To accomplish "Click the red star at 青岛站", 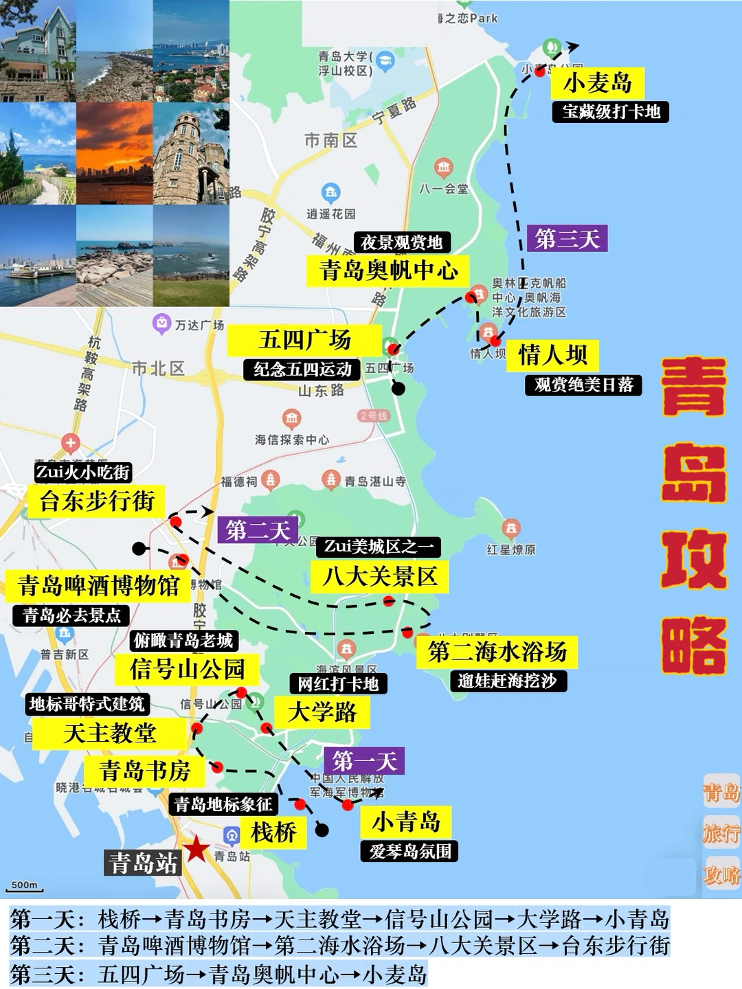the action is click(196, 849).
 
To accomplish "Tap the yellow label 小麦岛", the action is click(597, 83).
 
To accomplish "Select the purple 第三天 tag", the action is click(567, 239).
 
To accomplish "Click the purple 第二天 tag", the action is click(258, 530).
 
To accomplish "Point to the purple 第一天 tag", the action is click(364, 761).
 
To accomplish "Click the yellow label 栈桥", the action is click(273, 832).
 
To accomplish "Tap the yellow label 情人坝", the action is click(552, 355).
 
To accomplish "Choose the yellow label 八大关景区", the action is click(380, 576).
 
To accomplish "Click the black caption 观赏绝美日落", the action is click(583, 385).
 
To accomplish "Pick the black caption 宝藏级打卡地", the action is click(610, 111).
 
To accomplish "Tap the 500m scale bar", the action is click(25, 887).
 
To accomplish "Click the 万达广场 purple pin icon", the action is click(162, 322).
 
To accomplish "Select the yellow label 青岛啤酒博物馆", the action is click(98, 586).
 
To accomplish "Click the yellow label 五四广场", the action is click(304, 340).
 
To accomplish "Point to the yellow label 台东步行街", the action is click(96, 501).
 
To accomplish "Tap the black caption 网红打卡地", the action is click(338, 683).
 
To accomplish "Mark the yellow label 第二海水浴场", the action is click(497, 652).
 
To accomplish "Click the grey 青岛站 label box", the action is click(143, 863).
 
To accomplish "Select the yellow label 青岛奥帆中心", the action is click(388, 271).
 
